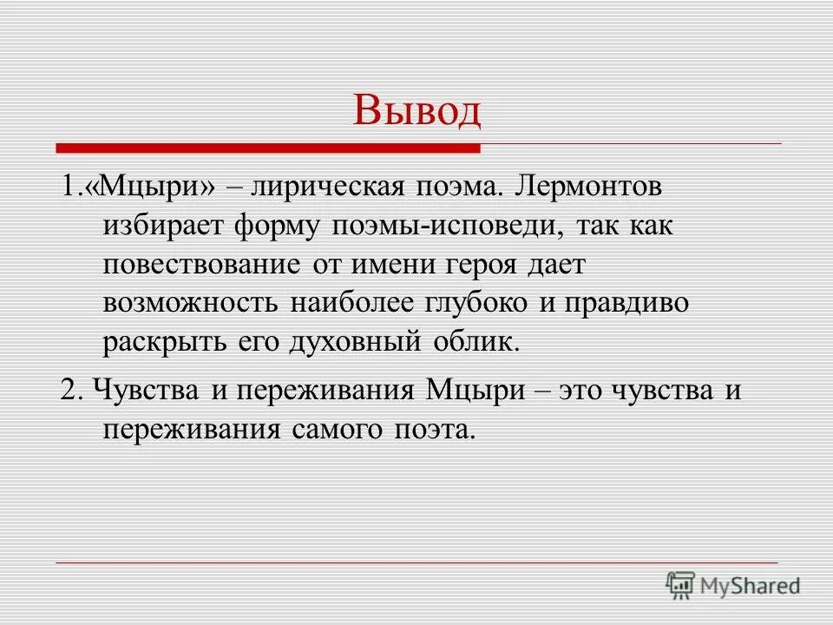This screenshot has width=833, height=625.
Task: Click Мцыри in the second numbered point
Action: (x=476, y=389)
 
